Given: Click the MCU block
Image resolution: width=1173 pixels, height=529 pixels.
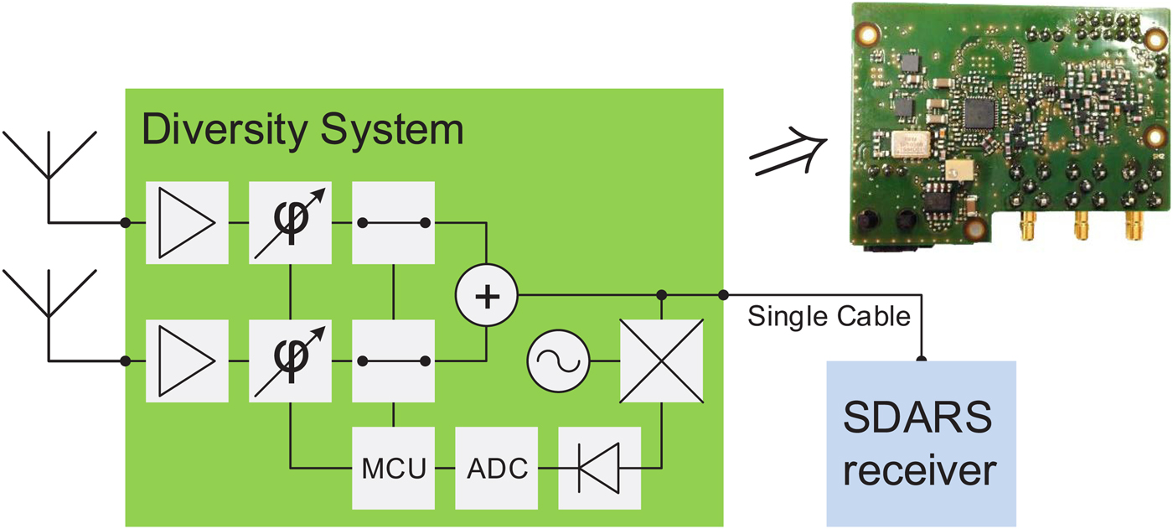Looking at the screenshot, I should pos(394,468).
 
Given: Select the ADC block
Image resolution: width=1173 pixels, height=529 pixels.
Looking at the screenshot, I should pos(497,468).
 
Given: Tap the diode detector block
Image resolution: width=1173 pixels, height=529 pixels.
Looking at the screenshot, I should pos(599,468).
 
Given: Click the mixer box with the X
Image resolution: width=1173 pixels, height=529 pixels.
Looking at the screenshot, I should pos(661,361).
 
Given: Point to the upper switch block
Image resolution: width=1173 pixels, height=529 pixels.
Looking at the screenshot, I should pos(394,222).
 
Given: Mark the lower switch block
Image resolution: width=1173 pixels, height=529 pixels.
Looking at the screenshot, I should pos(394,360).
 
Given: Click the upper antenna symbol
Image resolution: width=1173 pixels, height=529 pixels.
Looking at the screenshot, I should pos(49,159).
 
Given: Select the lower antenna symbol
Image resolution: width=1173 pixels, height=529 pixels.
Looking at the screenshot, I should pos(49,298).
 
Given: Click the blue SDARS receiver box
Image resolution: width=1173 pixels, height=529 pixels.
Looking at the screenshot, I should pos(920,443).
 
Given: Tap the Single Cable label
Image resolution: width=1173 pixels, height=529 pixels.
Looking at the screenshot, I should pos(828,317).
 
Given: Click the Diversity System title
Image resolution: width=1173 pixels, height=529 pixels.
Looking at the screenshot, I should pos(302,131).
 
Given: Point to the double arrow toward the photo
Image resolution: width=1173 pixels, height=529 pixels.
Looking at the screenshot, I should pos(785,155).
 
